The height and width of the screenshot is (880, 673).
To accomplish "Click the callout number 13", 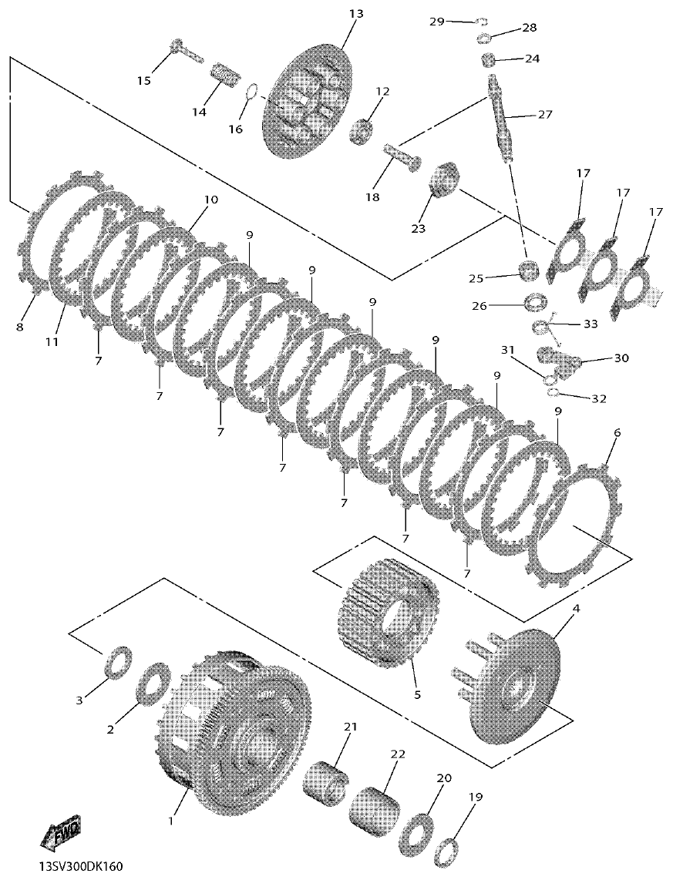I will click(x=355, y=14).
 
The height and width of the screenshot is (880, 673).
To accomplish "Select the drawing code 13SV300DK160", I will click(x=81, y=868).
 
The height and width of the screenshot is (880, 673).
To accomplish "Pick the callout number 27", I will click(x=545, y=115).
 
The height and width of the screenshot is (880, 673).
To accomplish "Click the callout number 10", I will click(x=210, y=200).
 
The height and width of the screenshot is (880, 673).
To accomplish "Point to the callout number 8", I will click(x=19, y=327).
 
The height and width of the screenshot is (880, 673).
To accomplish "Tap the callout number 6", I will click(x=617, y=434).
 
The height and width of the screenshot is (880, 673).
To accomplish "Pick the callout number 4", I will click(x=575, y=609).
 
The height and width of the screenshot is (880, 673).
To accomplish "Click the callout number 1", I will click(x=170, y=821).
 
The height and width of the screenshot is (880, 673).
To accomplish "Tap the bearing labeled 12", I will click(x=363, y=129).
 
